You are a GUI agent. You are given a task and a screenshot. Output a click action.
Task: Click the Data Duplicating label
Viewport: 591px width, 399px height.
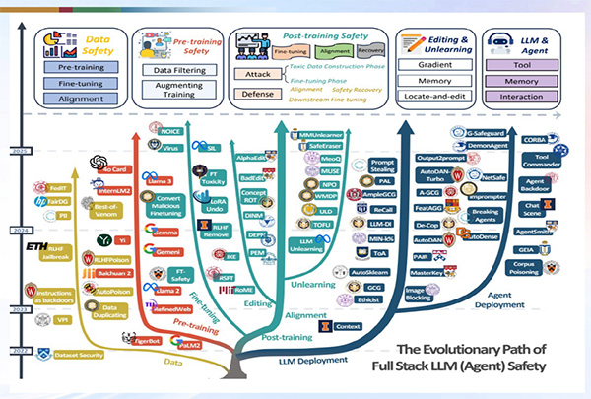[x=109, y=314]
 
